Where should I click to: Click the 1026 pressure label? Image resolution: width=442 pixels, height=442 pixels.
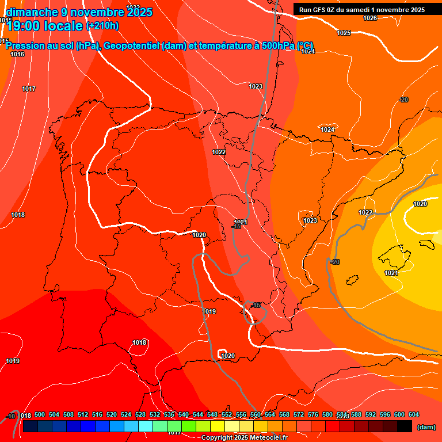pyautogui.click(x=370, y=18)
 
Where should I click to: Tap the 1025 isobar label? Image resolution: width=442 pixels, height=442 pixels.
pyautogui.click(x=344, y=33)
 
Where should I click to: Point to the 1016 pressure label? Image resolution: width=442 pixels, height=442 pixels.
pyautogui.click(x=17, y=54)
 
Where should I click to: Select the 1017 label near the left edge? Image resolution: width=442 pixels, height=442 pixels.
pyautogui.click(x=29, y=89)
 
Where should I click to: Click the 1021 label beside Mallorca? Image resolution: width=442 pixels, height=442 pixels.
pyautogui.click(x=391, y=273)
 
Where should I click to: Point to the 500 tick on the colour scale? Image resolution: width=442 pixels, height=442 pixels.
pyautogui.click(x=40, y=414)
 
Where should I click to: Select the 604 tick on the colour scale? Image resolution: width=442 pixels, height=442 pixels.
pyautogui.click(x=414, y=414)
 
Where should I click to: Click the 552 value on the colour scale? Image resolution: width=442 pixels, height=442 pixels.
pyautogui.click(x=227, y=414)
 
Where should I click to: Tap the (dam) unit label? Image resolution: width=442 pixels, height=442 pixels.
pyautogui.click(x=426, y=427)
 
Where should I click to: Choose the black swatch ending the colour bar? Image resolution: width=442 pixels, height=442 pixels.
pyautogui.click(x=405, y=426)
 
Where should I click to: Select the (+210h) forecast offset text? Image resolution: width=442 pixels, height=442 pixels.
pyautogui.click(x=102, y=25)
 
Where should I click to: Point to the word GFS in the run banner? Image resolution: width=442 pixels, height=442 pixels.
pyautogui.click(x=319, y=9)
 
